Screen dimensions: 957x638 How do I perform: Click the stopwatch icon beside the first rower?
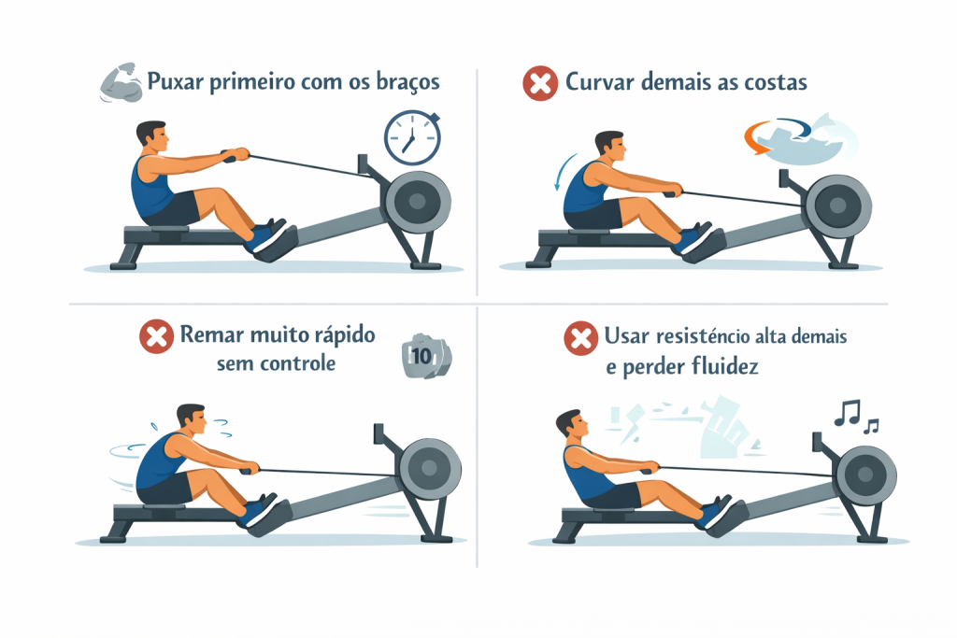click(x=412, y=138)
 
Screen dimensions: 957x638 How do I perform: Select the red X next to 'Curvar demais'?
click(x=540, y=83)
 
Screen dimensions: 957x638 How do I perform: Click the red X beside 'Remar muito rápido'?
click(x=156, y=336)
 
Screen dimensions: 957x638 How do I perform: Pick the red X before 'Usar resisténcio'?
click(x=580, y=338)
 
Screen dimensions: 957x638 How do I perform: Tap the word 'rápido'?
click(x=344, y=335)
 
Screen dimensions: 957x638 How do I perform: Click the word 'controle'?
click(x=298, y=363)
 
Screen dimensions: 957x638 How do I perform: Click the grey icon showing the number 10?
click(x=426, y=356)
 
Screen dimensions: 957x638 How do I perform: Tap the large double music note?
click(x=847, y=413)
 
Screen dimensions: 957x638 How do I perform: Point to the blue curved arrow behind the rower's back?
click(x=564, y=171)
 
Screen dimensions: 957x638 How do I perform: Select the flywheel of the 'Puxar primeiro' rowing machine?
click(x=418, y=202)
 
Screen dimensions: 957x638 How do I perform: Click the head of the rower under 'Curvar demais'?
click(x=609, y=147)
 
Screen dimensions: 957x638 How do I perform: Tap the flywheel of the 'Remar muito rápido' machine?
click(x=430, y=468)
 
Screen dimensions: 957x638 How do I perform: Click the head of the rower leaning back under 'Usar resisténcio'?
click(x=572, y=424)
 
